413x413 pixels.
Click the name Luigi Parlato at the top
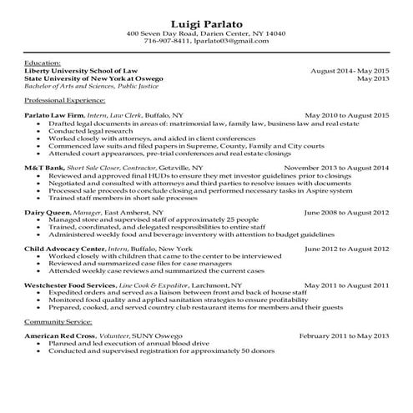click(205, 20)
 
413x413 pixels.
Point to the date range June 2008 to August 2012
click(347, 213)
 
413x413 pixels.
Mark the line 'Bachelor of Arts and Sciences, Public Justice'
click(101, 87)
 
